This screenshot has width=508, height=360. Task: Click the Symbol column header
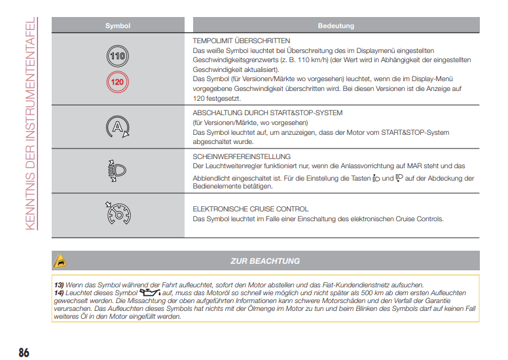pyautogui.click(x=118, y=26)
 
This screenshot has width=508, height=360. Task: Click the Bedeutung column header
pyautogui.click(x=336, y=26)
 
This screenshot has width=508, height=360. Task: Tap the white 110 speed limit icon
pyautogui.click(x=117, y=57)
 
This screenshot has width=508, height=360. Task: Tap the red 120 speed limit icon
pyautogui.click(x=117, y=82)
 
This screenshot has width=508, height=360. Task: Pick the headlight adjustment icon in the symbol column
pyautogui.click(x=117, y=171)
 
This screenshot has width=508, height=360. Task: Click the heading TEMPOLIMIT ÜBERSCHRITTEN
pyautogui.click(x=242, y=41)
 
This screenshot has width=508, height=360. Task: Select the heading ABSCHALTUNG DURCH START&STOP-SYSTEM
pyautogui.click(x=267, y=113)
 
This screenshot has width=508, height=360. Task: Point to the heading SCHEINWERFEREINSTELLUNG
pyautogui.click(x=242, y=157)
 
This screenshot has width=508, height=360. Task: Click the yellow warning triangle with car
pyautogui.click(x=60, y=261)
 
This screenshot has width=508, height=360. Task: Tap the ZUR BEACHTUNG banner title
pyautogui.click(x=265, y=261)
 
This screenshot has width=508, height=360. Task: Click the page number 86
pyautogui.click(x=24, y=352)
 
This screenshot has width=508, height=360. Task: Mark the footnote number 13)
pyautogui.click(x=59, y=285)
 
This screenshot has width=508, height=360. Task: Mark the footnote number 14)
pyautogui.click(x=59, y=293)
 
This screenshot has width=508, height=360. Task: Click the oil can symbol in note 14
pyautogui.click(x=150, y=293)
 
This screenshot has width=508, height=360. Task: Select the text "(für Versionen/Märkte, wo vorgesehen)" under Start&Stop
pyautogui.click(x=249, y=122)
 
